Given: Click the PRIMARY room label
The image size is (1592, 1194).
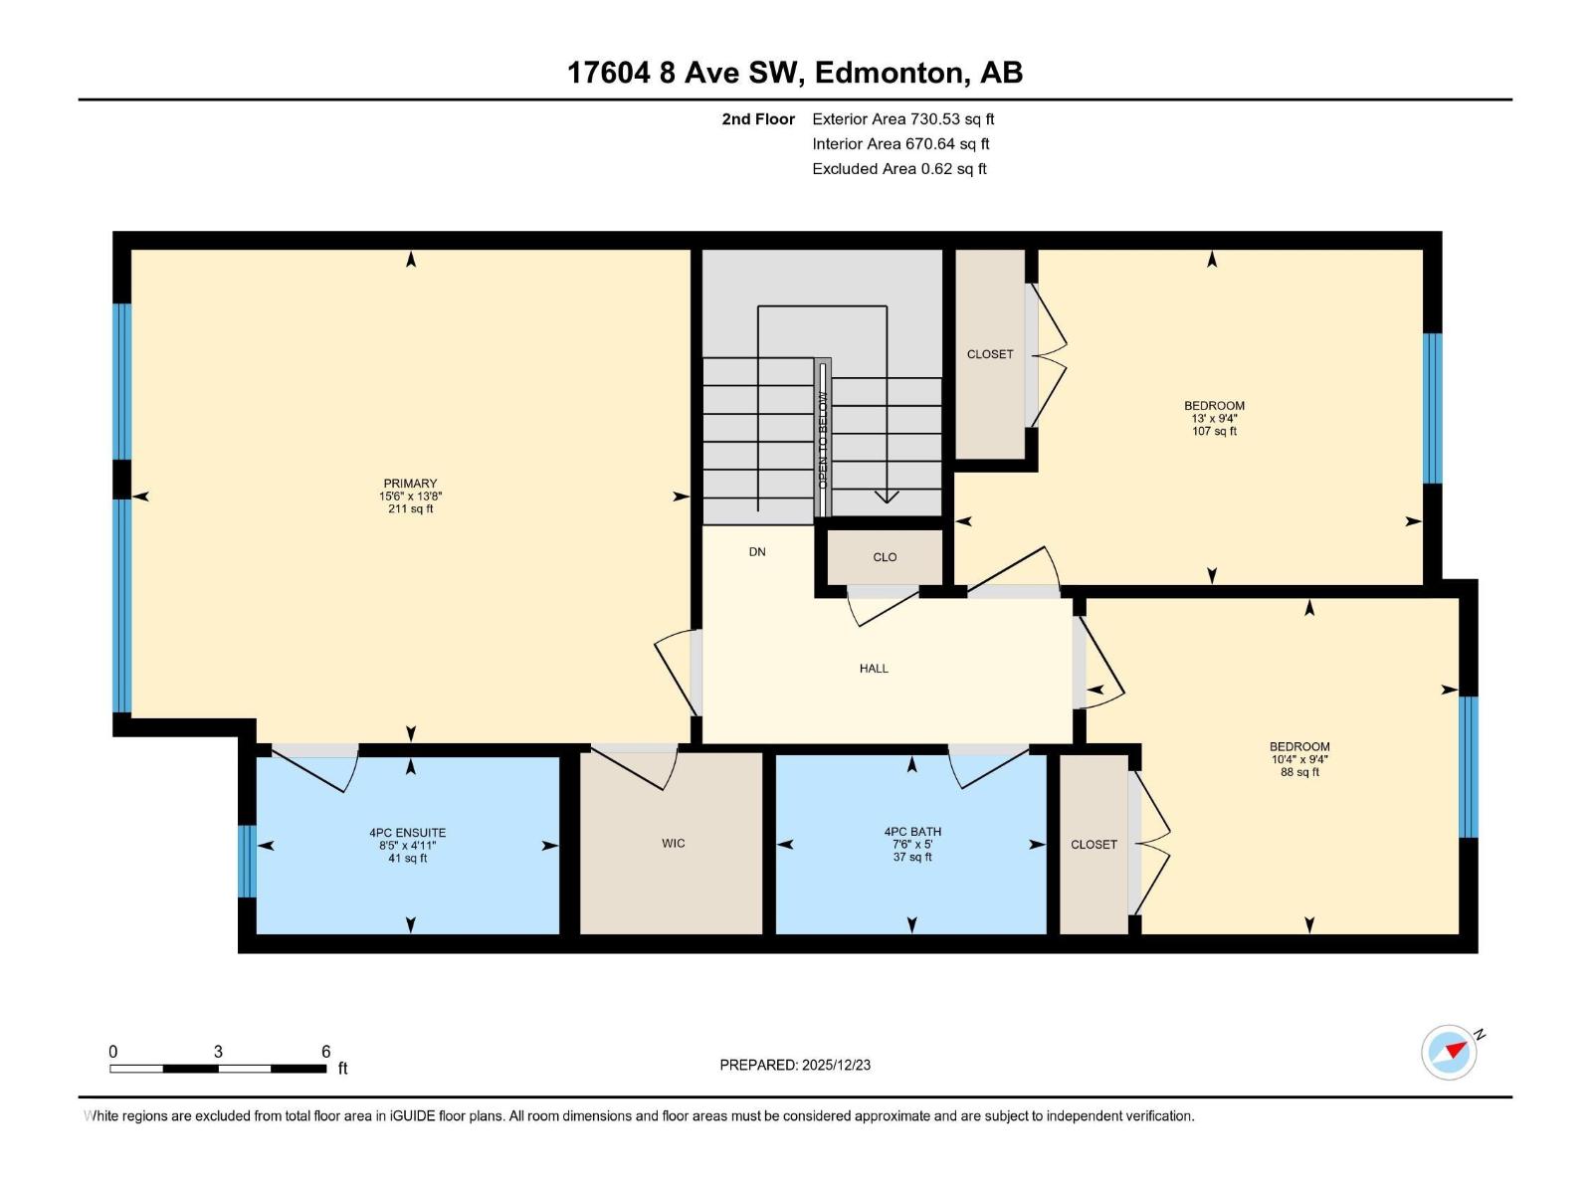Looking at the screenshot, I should click(x=410, y=485).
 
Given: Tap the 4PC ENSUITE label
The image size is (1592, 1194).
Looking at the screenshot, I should click(x=407, y=833).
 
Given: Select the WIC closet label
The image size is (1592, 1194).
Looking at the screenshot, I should click(x=673, y=844).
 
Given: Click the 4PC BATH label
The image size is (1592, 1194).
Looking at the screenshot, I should click(x=911, y=832).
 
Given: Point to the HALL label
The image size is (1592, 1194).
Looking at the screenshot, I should click(x=874, y=669).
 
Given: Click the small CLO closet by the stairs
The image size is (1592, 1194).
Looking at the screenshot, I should click(x=885, y=557).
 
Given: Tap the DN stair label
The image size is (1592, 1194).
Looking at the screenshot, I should click(x=757, y=552).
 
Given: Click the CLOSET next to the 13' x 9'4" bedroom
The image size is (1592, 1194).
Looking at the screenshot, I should click(x=990, y=354).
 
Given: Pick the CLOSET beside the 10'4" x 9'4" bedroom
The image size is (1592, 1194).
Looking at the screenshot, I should click(x=1094, y=845).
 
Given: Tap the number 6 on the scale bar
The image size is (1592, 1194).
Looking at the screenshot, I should click(x=325, y=1052).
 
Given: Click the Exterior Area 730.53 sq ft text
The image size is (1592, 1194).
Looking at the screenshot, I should click(x=902, y=119).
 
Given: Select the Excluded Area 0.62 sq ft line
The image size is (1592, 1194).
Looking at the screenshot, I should click(x=898, y=169).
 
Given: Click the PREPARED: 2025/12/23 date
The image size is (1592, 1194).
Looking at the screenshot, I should click(x=795, y=1065).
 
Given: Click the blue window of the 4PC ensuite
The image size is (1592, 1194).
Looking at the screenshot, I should click(x=247, y=862).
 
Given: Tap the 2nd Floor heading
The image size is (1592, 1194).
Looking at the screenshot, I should click(x=758, y=119).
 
